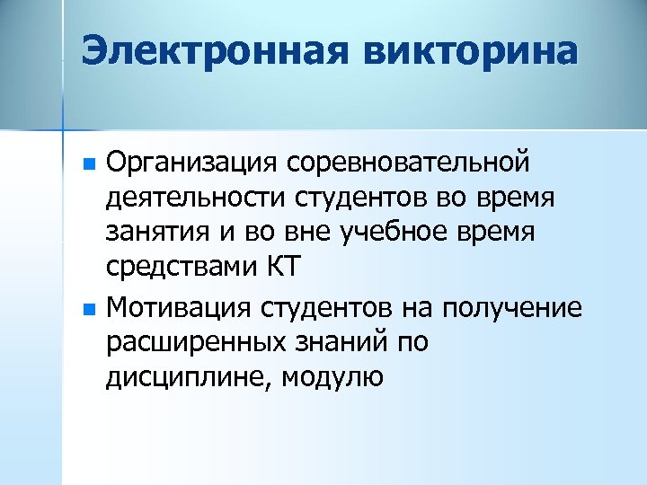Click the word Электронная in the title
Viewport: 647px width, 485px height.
coord(215,50)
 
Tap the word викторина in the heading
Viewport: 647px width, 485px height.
coord(468,50)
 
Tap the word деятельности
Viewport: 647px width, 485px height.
coord(182,198)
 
